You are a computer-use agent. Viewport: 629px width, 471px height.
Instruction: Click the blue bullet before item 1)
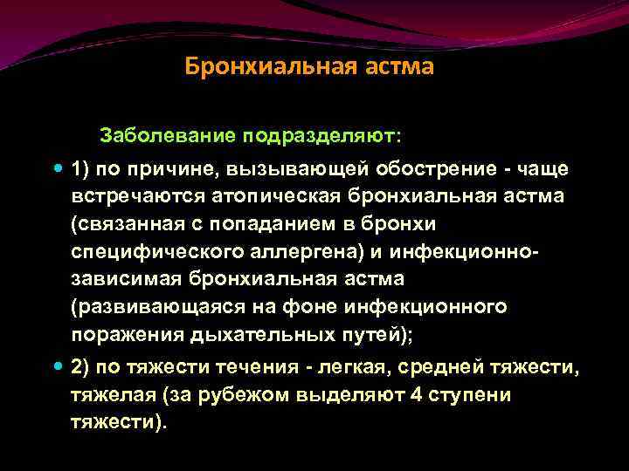[x=58, y=167]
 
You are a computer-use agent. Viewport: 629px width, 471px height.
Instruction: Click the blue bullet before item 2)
[x=58, y=368]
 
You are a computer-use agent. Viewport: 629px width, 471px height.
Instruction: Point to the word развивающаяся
[x=162, y=307]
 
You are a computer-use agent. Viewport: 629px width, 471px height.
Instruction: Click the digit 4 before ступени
[x=415, y=396]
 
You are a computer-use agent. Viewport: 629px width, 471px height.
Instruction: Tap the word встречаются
[x=135, y=195]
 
